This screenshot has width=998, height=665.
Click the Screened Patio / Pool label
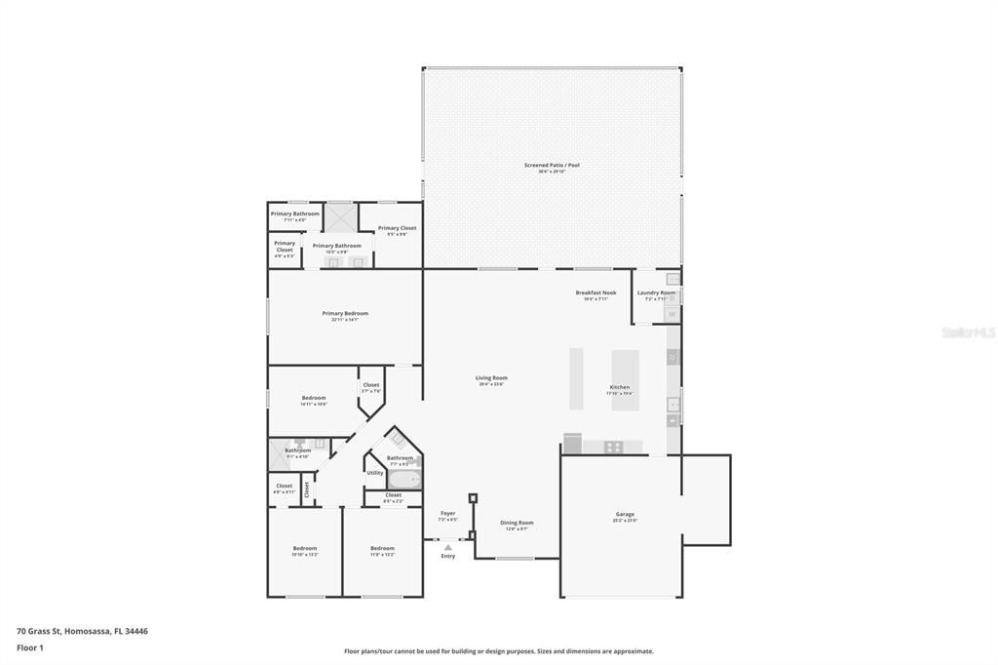552,166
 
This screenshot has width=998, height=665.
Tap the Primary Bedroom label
345,314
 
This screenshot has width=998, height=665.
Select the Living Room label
491,378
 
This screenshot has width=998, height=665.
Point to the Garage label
625,515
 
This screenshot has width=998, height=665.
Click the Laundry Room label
656,293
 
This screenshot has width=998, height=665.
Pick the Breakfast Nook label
595,293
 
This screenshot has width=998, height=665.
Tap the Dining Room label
517,524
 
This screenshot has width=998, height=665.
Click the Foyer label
447,514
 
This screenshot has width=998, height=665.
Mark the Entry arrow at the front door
447,548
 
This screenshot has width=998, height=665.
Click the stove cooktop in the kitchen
614,447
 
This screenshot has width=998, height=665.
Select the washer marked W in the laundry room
672,314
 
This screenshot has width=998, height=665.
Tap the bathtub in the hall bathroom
404,479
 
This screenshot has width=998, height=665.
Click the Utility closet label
375,473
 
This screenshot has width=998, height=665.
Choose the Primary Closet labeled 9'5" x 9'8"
397,229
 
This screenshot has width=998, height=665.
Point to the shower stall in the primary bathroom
341,216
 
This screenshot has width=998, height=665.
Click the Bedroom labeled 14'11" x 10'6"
314,399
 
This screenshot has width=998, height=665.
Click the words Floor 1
31,647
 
